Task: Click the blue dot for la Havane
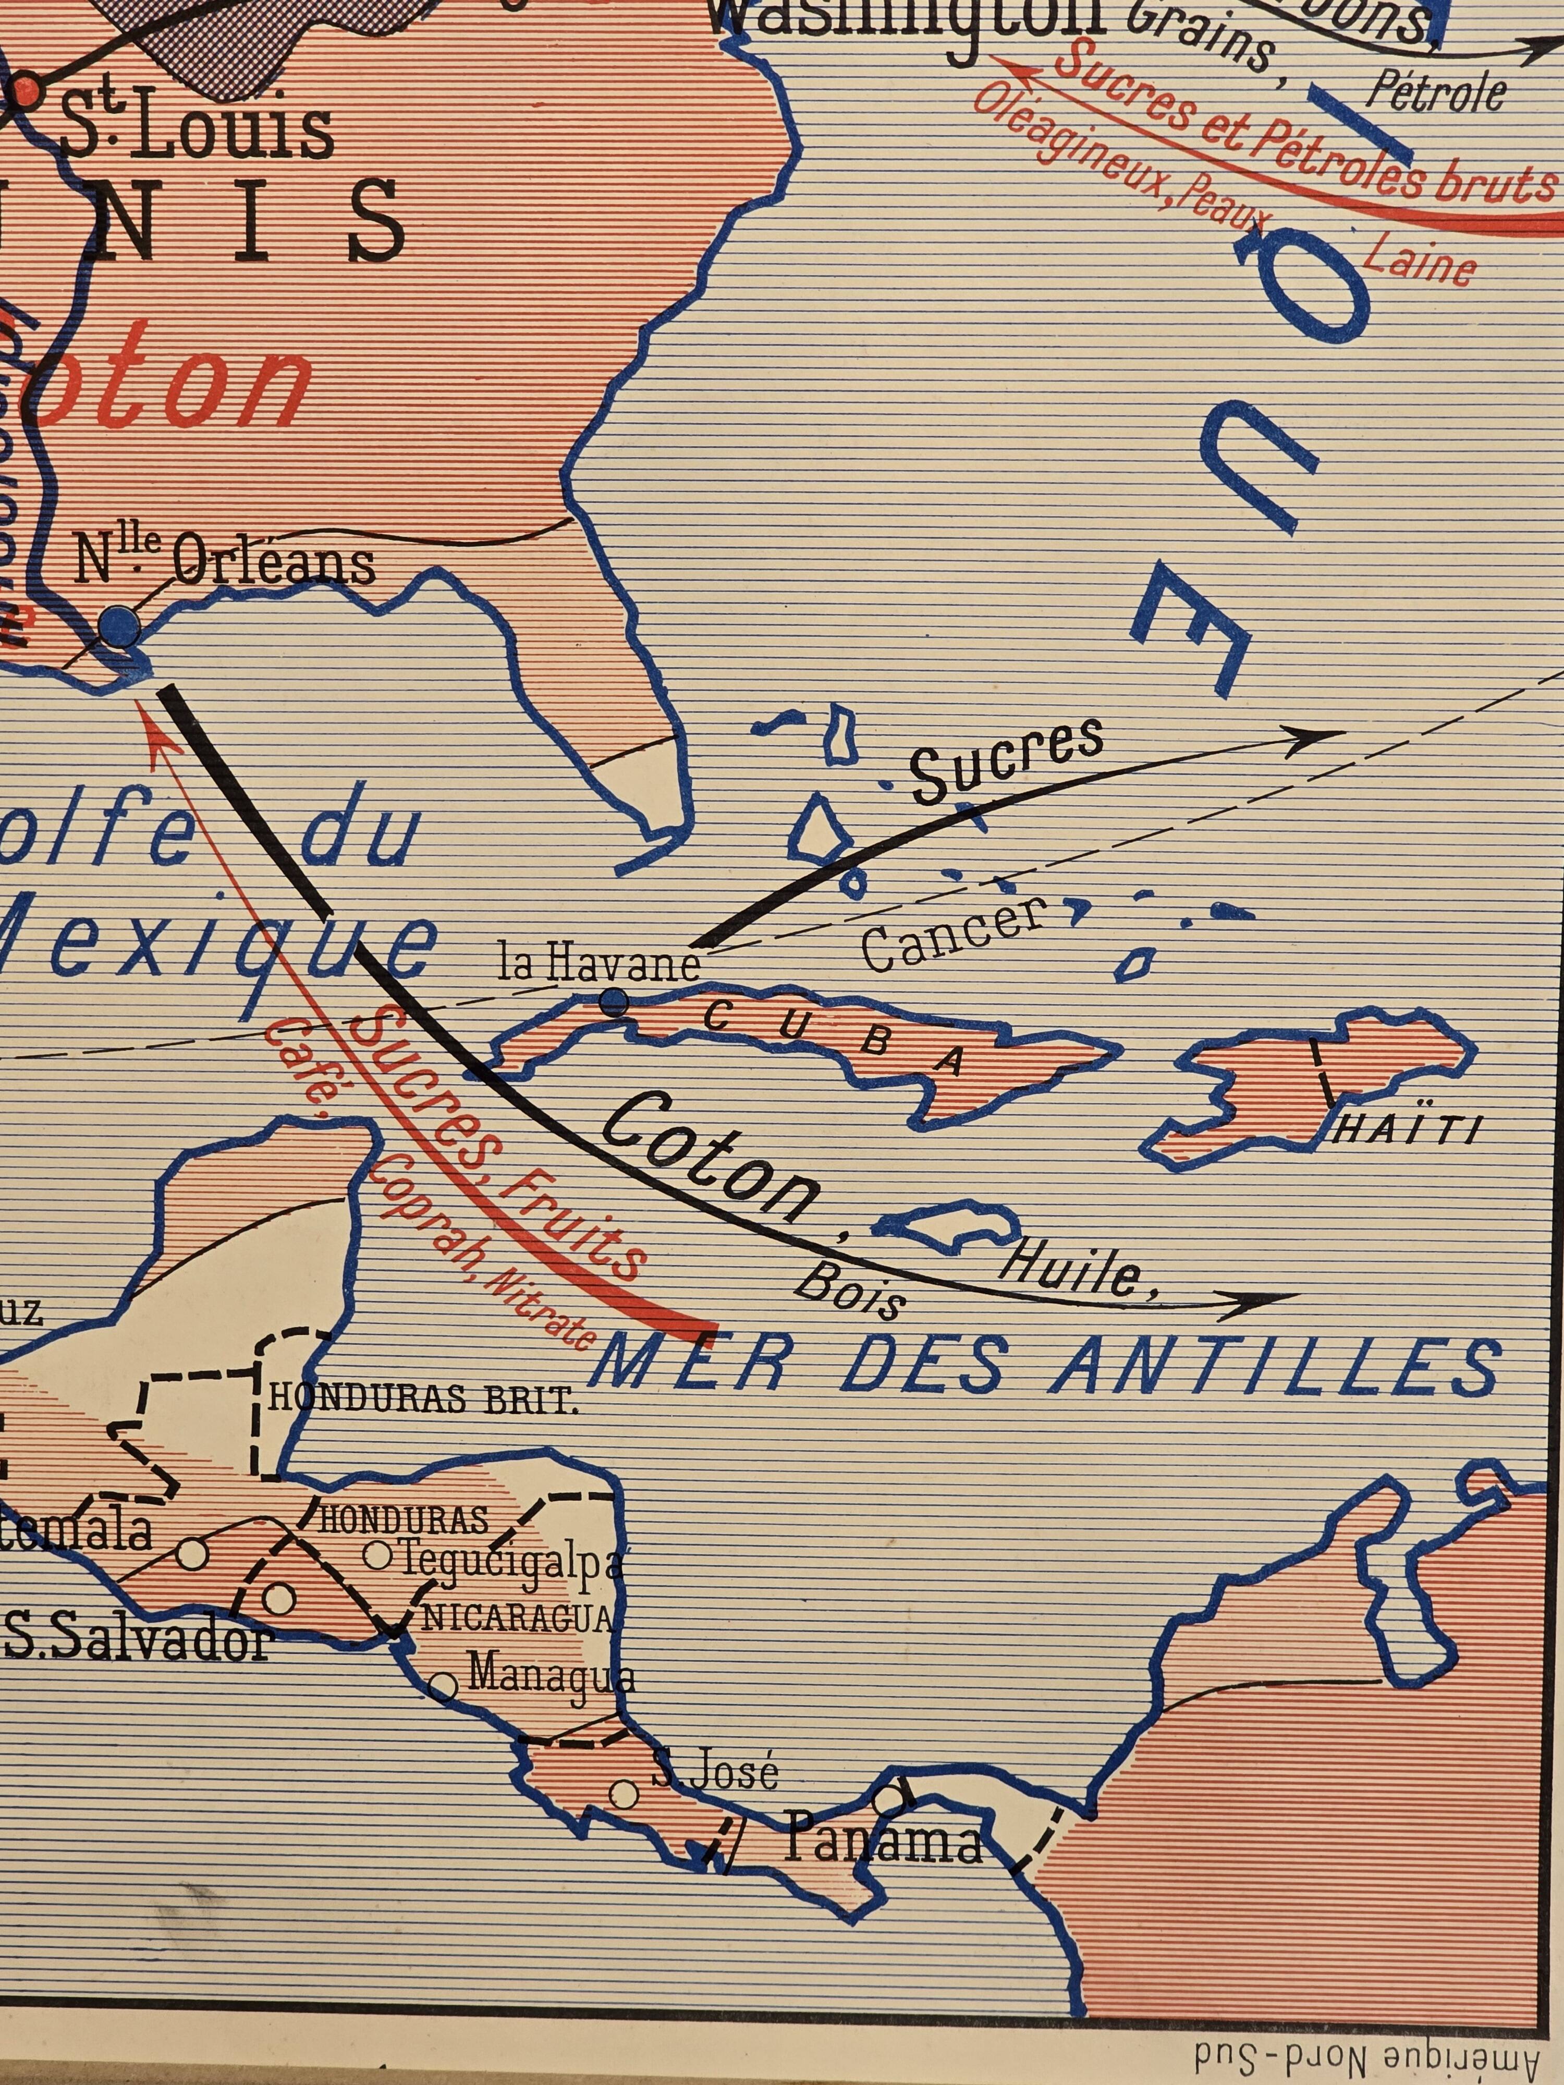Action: coord(614,1002)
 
